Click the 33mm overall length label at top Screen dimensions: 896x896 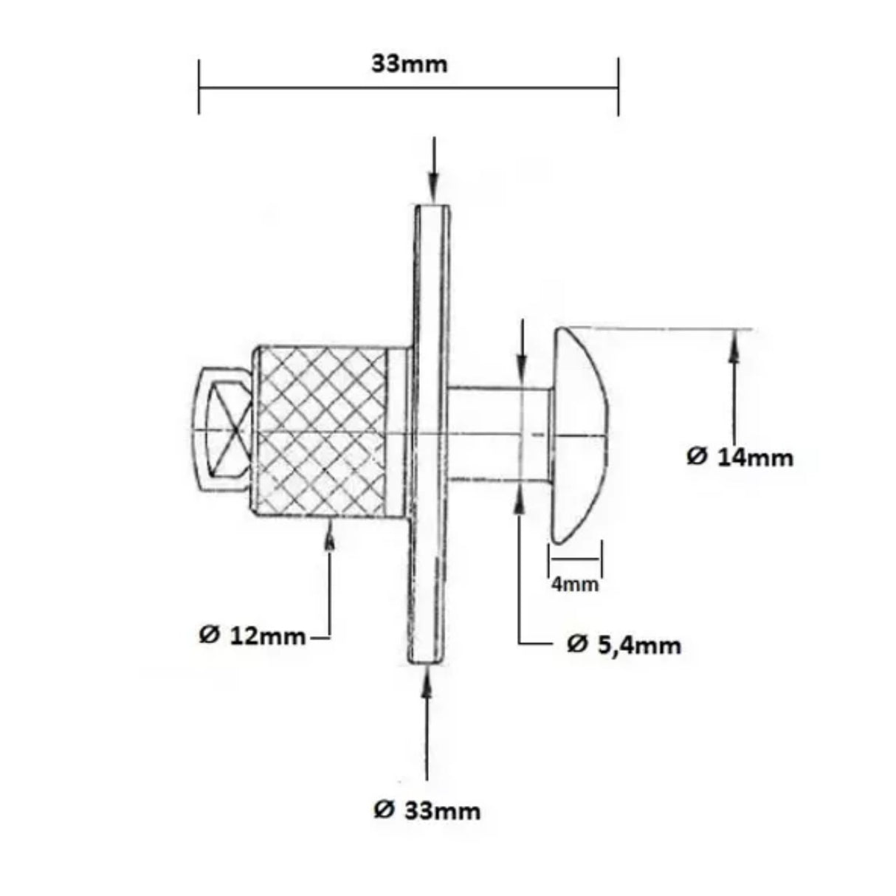click(x=409, y=64)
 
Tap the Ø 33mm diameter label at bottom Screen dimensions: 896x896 click(x=427, y=811)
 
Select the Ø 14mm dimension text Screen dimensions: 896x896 click(x=740, y=457)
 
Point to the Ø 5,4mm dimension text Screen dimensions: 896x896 click(x=624, y=645)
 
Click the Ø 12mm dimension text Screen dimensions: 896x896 click(x=252, y=635)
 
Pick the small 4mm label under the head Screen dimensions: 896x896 click(x=575, y=585)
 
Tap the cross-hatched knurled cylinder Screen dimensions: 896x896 click(x=322, y=432)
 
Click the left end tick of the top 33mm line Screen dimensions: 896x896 click(x=199, y=88)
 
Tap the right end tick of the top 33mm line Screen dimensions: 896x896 click(x=618, y=88)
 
